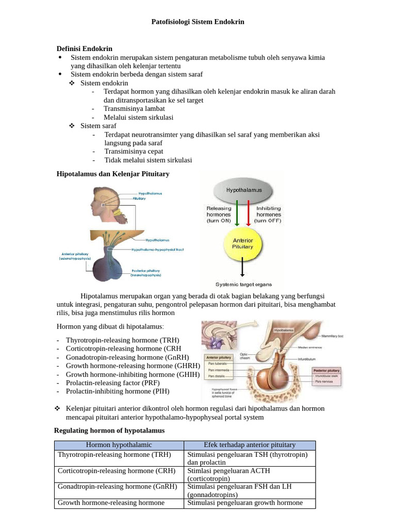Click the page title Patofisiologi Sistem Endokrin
(197, 22)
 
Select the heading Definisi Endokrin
(84, 48)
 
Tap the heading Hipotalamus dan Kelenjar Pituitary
(112, 174)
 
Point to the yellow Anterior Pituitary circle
(243, 243)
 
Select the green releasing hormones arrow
(236, 213)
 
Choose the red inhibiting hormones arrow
(249, 213)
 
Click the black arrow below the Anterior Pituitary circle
(243, 269)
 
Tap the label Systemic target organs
(243, 284)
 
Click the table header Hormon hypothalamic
(119, 445)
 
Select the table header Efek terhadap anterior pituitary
(250, 445)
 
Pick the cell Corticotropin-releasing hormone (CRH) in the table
(117, 471)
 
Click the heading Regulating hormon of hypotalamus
(109, 430)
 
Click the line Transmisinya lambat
(134, 109)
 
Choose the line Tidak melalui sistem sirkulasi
(148, 160)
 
